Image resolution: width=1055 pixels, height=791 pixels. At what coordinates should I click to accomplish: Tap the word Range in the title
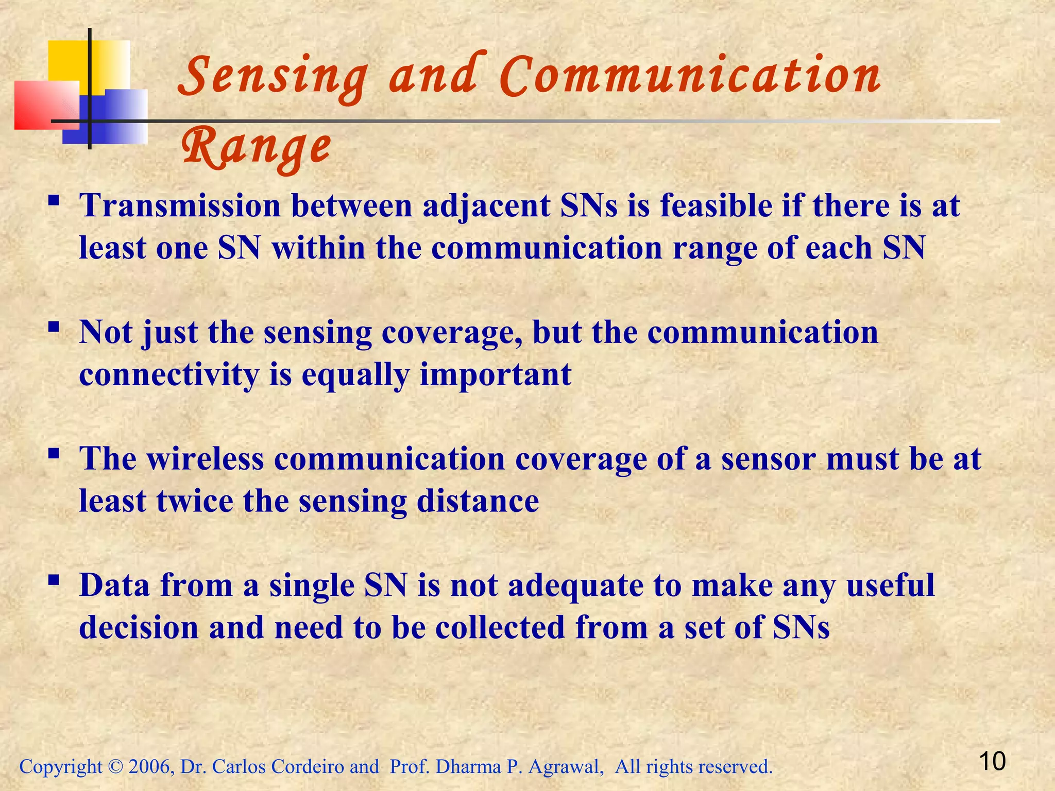256,147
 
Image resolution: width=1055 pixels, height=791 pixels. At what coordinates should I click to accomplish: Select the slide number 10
992,761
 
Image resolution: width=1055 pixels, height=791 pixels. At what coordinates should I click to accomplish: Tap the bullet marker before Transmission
53,200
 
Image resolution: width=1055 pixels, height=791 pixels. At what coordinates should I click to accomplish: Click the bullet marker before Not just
53,327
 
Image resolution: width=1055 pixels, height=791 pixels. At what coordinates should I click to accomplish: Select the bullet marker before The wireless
53,454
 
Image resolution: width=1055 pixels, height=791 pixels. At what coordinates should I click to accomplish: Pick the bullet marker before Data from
53,580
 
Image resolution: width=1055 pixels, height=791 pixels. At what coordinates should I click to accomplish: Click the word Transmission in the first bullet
180,206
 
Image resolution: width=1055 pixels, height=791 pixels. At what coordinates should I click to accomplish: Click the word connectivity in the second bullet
169,375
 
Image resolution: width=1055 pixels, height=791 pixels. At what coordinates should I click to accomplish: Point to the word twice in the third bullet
195,501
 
